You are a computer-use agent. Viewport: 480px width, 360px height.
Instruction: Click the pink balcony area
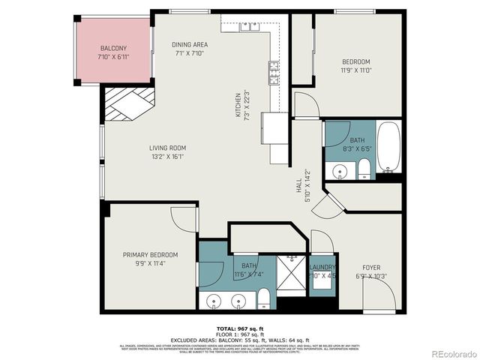pos(113,52)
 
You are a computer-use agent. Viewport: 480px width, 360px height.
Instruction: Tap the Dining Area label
pos(190,49)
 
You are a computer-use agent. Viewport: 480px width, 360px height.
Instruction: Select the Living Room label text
pos(167,152)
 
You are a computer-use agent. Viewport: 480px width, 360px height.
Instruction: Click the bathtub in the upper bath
pos(388,147)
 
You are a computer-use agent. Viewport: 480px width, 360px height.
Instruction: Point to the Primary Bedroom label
pos(151,259)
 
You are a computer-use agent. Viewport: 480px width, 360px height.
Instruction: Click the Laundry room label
pos(322,270)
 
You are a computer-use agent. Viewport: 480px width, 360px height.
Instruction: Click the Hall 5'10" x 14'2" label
pos(301,183)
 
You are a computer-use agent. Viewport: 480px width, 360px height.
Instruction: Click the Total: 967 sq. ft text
pos(239,329)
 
